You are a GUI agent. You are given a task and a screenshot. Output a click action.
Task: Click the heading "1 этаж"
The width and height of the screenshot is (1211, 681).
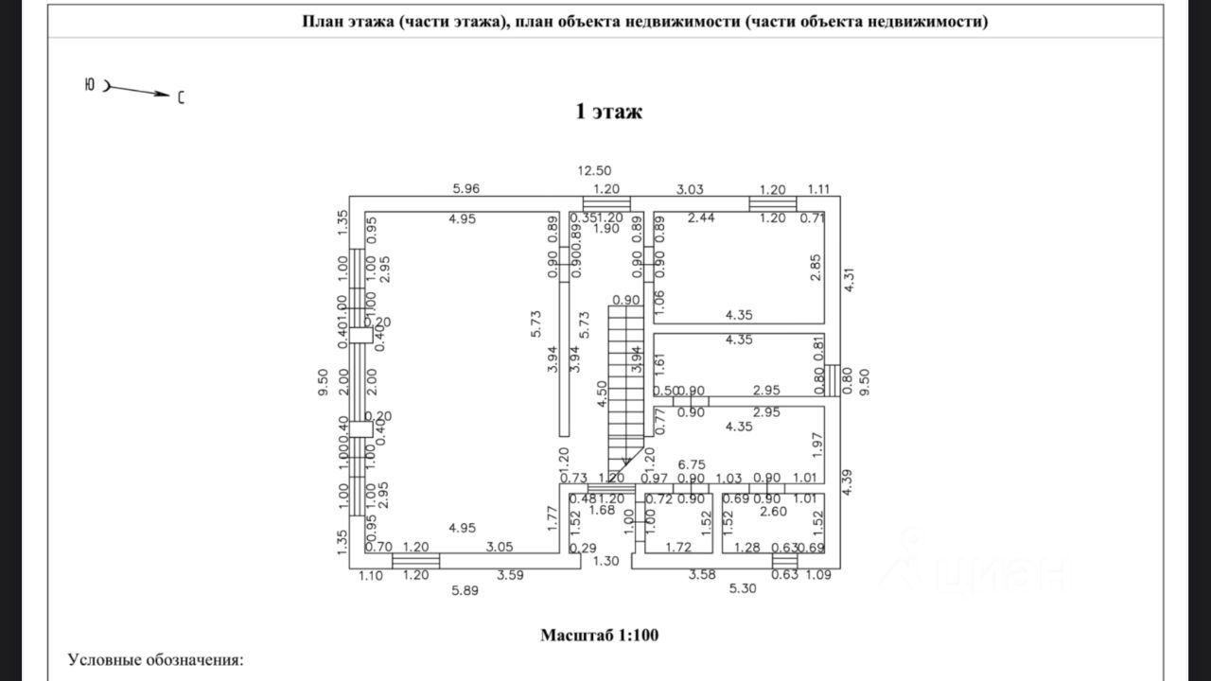coord(609,112)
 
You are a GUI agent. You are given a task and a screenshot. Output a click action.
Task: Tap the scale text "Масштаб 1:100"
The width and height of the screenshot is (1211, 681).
coord(600,635)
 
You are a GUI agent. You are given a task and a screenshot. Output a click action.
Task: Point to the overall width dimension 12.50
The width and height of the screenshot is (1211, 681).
coord(595,171)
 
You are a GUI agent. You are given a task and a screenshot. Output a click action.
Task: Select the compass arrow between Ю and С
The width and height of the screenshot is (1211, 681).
coord(139,91)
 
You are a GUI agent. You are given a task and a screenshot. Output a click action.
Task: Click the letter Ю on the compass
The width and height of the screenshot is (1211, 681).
coord(89,85)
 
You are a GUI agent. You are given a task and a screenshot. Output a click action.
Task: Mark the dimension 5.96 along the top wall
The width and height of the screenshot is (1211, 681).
coord(466,189)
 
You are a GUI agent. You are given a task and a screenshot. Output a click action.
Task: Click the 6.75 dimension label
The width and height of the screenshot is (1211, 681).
coord(694,464)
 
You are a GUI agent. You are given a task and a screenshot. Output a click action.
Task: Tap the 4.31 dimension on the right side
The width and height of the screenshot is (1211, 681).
coord(849,281)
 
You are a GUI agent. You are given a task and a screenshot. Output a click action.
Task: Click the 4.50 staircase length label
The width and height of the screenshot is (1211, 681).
coord(602,393)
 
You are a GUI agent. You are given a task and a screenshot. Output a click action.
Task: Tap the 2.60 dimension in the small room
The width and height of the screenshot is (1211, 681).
coord(772,512)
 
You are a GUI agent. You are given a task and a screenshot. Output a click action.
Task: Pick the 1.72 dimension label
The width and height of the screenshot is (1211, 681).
coord(678,547)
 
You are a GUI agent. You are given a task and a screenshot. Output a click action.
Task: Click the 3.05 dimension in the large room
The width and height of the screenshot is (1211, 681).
coord(500,547)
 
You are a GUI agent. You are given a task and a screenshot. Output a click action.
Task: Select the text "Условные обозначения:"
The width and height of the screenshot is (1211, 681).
coord(155,659)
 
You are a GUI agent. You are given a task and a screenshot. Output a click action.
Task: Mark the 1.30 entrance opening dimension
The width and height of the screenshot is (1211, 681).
coord(605,561)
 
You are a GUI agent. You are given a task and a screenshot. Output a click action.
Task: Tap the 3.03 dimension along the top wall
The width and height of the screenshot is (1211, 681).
coord(690,189)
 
